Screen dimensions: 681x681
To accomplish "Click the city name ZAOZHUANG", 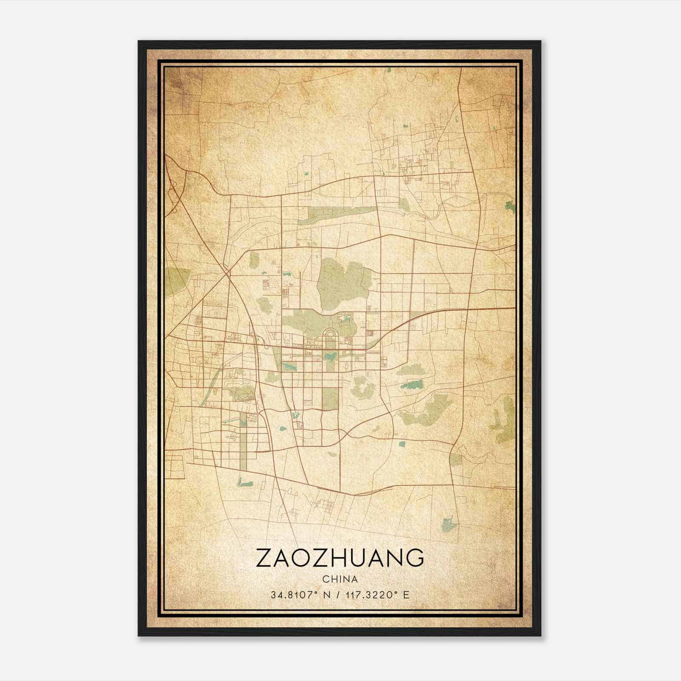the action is click(x=340, y=558).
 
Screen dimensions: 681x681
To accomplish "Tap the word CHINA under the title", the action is click(x=340, y=579).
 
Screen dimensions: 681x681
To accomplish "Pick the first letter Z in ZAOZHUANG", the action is click(x=262, y=558).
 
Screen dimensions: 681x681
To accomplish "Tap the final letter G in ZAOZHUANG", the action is click(x=415, y=558).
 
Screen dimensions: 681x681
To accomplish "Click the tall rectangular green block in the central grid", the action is click(x=330, y=398).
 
